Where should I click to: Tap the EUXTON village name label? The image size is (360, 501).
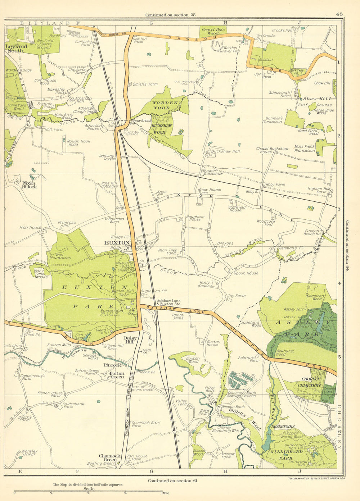point(116,243)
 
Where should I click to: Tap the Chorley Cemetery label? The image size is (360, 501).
point(309,382)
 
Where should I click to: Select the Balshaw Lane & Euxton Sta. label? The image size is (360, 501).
point(168,302)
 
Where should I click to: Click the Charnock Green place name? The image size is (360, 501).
point(110,458)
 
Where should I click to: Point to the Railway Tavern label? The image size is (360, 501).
point(107,158)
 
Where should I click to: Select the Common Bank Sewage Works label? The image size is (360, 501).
point(242,394)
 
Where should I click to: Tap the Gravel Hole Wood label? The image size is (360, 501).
point(213,31)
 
